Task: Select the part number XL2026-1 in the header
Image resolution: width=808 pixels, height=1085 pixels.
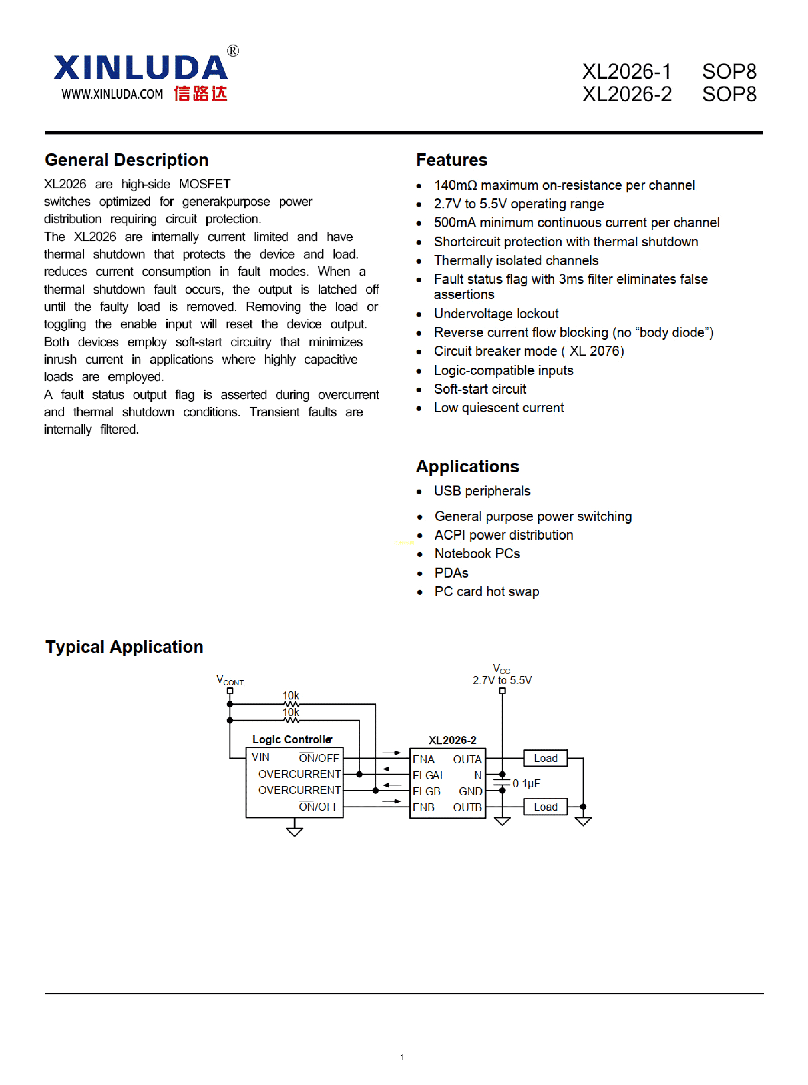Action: [627, 72]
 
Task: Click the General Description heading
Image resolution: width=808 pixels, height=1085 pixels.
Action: [127, 160]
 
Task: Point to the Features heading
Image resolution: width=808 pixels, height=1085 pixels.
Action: [451, 160]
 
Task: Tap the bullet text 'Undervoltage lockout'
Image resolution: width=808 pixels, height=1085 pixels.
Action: [496, 314]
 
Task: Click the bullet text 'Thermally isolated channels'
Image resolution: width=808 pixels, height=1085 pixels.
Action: [516, 260]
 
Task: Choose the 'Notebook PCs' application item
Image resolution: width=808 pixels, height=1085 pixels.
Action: [477, 553]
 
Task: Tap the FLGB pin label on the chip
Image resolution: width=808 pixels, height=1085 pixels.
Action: [426, 791]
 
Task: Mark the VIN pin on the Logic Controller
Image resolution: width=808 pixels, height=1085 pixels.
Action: [260, 757]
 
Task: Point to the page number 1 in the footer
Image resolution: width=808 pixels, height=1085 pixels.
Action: [402, 1057]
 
